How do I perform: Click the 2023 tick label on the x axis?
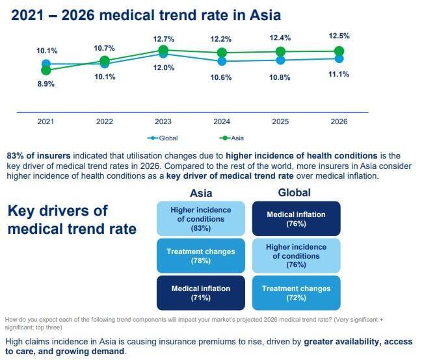point(163,122)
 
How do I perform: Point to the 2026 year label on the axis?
point(339,122)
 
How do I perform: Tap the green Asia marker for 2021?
point(46,70)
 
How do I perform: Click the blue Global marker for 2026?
point(339,58)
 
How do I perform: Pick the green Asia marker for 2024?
point(222,52)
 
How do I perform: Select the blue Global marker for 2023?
point(163,55)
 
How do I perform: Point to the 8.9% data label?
point(46,84)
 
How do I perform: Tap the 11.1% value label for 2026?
point(339,74)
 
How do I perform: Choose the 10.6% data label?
point(222,77)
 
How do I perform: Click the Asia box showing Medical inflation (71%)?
point(201,292)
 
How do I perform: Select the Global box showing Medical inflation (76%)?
point(296,219)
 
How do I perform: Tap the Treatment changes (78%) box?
point(201,255)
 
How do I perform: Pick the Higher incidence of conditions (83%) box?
point(201,219)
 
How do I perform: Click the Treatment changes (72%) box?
point(296,292)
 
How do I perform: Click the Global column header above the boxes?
point(294,192)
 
